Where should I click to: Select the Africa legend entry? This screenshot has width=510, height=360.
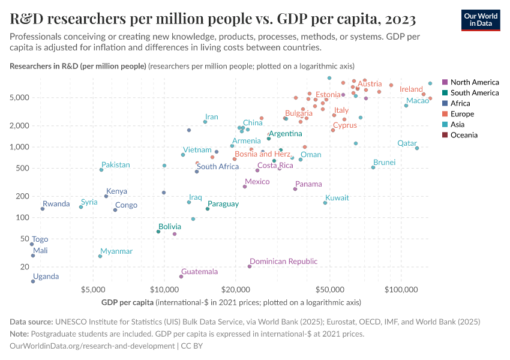tap(461, 103)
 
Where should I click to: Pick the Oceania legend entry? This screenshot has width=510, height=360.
tap(464, 135)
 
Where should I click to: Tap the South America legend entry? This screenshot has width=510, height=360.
tap(474, 93)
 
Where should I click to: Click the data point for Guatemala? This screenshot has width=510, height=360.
tap(181, 277)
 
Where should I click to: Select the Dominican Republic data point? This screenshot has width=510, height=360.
tap(250, 266)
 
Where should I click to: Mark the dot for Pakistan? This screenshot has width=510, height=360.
tap(101, 170)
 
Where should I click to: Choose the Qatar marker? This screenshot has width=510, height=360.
tap(417, 148)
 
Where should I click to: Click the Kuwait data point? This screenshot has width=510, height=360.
tap(325, 203)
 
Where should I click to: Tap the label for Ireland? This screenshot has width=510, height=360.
tap(411, 89)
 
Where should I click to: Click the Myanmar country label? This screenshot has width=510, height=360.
tap(116, 251)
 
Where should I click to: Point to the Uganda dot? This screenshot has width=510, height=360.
tap(33, 281)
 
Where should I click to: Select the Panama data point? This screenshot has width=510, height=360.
tap(295, 189)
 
